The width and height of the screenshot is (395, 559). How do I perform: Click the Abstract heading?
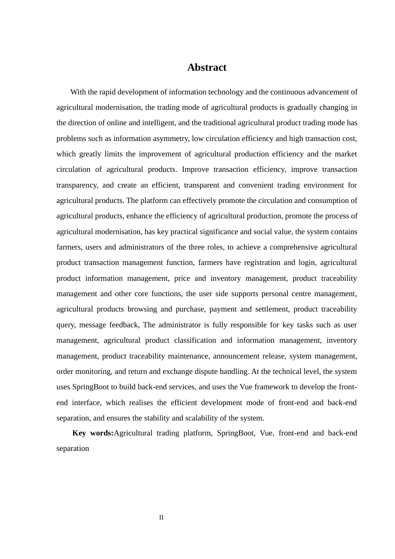coord(207,67)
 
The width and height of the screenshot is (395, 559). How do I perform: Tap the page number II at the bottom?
coord(161,517)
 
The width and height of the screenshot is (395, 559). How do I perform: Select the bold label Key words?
coord(93,433)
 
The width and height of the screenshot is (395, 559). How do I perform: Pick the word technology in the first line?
coord(226,92)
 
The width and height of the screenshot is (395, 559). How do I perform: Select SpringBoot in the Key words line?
coord(236,433)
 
